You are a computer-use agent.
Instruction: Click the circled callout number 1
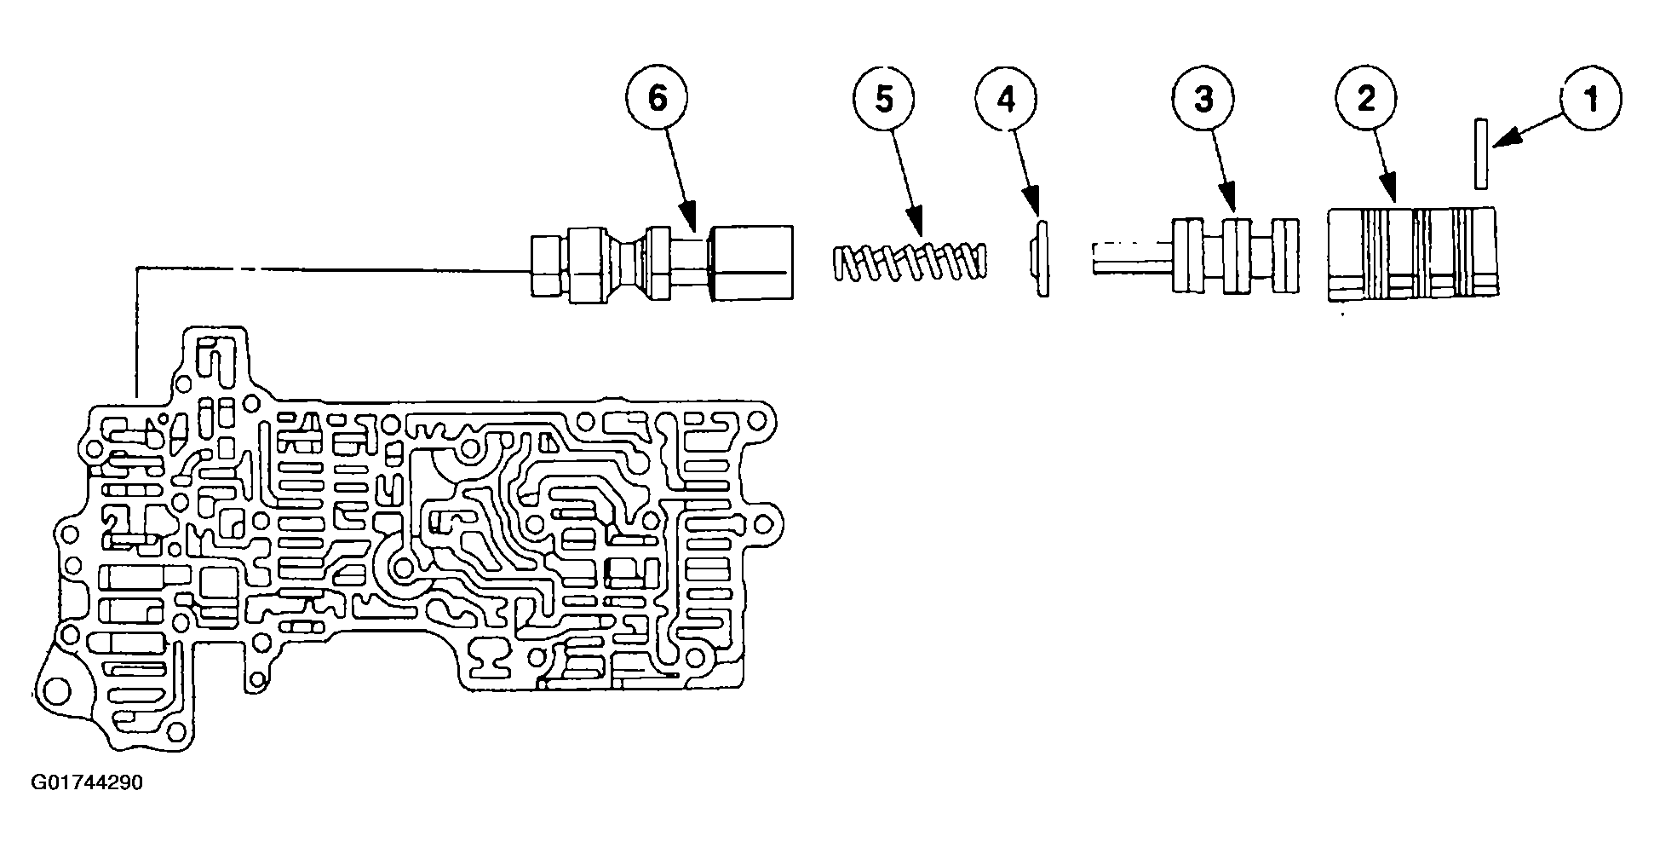[x=1590, y=99]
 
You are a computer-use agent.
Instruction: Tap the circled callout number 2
[x=1366, y=99]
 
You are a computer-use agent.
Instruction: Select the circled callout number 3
[x=1203, y=99]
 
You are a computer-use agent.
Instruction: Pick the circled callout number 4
[x=1007, y=99]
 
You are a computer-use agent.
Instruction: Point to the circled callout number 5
[x=884, y=99]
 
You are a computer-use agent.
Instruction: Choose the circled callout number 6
[x=658, y=99]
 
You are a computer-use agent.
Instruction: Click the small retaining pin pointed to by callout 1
[x=1482, y=153]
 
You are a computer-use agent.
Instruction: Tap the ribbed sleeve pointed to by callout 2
[x=1413, y=253]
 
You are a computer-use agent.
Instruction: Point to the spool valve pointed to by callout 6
[x=662, y=261]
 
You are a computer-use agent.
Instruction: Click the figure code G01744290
[x=87, y=782]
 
